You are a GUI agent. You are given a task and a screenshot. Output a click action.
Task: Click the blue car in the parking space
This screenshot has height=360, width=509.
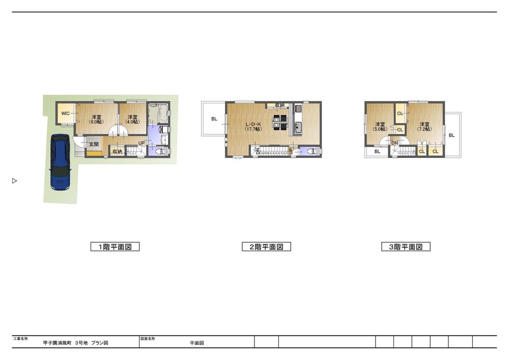60,162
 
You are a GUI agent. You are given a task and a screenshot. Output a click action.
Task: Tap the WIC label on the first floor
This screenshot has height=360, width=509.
66,113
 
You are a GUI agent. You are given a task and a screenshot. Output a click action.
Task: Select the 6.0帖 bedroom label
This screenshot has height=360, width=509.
95,119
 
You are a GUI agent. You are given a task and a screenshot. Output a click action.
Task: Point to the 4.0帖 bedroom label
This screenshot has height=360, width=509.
132,119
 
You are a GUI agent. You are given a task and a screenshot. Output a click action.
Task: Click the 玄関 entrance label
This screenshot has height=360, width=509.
94,145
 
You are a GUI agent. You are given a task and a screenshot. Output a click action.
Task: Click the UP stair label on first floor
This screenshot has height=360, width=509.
141,143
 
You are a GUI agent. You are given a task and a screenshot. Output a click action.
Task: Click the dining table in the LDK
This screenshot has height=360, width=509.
279,123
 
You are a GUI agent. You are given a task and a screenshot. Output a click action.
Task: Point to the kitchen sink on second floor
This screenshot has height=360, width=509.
298,127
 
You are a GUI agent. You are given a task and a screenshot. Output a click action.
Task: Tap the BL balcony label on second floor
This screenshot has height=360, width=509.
214,119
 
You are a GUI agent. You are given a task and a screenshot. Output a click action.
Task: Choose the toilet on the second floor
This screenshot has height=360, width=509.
313,151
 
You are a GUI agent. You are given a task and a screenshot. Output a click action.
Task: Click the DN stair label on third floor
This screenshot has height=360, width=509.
394,143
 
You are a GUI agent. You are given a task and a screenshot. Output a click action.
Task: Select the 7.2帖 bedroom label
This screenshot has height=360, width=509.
424,126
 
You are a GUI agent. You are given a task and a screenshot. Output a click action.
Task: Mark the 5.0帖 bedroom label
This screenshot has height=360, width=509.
380,126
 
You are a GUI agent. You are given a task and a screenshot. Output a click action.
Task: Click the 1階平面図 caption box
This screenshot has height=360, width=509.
115,247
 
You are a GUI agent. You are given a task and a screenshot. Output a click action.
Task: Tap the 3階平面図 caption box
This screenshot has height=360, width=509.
406,247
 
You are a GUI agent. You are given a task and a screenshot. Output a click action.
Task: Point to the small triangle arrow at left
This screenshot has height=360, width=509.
15,181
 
